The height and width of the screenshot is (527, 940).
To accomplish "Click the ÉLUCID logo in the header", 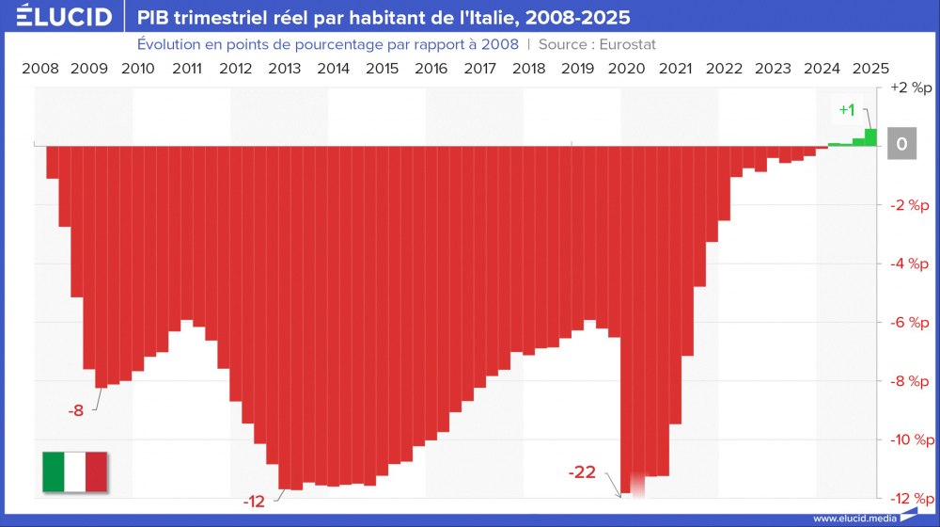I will pyautogui.click(x=64, y=17).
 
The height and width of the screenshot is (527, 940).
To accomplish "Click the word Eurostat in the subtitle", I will pyautogui.click(x=614, y=44).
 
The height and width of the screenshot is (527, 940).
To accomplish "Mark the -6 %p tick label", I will pyautogui.click(x=909, y=322).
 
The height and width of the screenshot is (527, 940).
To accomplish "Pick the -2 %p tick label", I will pyautogui.click(x=909, y=205).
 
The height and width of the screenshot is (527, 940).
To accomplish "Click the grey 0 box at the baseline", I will pyautogui.click(x=901, y=145).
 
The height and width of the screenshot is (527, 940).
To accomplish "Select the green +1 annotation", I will pyautogui.click(x=847, y=110).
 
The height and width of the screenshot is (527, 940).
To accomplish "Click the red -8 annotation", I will pyautogui.click(x=76, y=410).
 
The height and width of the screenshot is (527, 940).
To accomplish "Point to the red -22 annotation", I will pyautogui.click(x=583, y=472).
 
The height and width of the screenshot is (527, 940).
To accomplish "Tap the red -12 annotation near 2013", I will pyautogui.click(x=254, y=502).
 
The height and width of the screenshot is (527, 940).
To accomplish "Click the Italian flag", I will pyautogui.click(x=75, y=471).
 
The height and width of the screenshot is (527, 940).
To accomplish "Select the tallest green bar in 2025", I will pyautogui.click(x=871, y=137).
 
